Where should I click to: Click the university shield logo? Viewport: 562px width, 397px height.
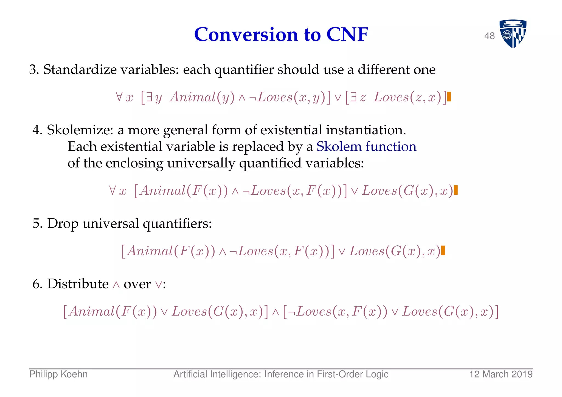point(513,33)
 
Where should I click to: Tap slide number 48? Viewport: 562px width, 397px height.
point(490,36)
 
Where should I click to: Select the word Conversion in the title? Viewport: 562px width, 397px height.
point(246,35)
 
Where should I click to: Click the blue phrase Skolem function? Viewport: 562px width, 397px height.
point(366,146)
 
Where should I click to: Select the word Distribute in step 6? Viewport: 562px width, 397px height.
point(78,283)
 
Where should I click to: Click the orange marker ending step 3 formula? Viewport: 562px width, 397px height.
point(449,97)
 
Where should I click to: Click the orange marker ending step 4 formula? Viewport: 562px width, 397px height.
point(456,190)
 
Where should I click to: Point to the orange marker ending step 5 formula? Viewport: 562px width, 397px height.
point(443,251)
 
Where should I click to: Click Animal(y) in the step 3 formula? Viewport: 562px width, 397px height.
point(203,97)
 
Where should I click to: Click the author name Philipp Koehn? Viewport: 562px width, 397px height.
point(58,374)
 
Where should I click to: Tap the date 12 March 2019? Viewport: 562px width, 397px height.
point(501,374)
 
